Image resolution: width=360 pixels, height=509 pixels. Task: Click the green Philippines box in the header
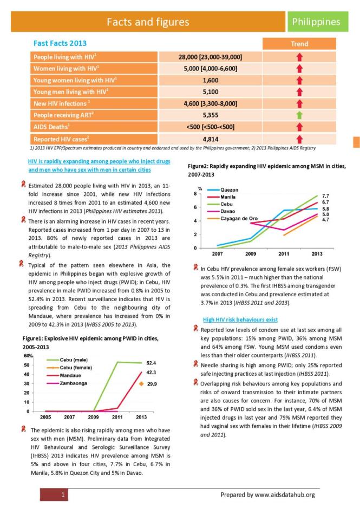[x=316, y=22]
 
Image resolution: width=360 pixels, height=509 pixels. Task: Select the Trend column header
[x=299, y=44]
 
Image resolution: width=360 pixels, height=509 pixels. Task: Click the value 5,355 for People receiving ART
[x=210, y=115]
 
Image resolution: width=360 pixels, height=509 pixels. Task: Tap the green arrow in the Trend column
[x=299, y=115]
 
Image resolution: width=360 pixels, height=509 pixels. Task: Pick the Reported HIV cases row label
[x=58, y=139]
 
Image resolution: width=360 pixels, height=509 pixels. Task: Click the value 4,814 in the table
[x=210, y=139]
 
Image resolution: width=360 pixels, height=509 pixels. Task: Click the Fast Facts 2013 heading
[x=60, y=43]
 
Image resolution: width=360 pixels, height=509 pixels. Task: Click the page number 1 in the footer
[x=64, y=494]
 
